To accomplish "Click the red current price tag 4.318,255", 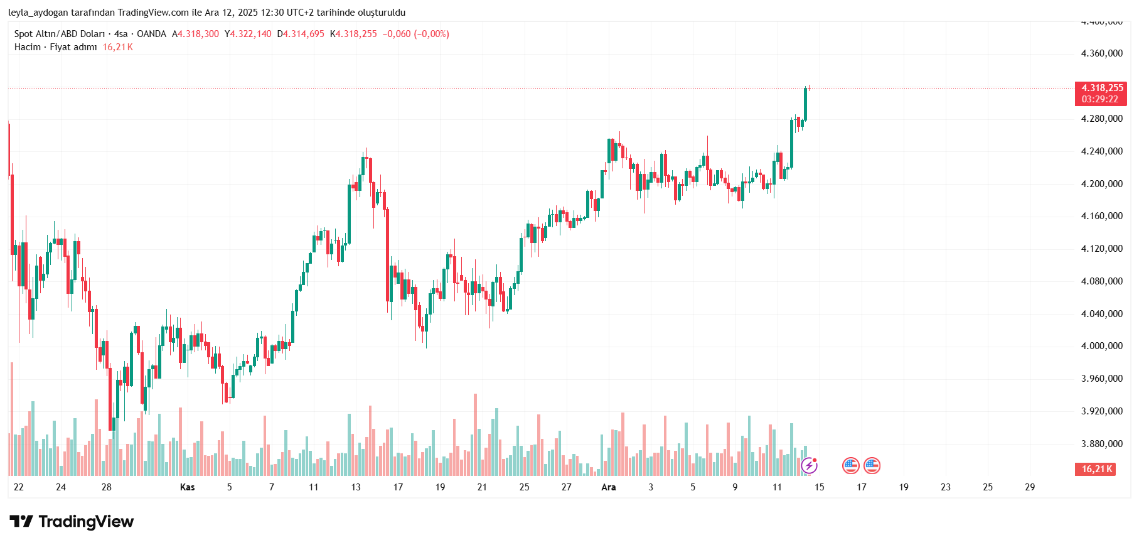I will (x=1101, y=89).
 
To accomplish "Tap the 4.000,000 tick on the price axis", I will (x=1101, y=346).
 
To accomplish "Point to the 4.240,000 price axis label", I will (x=1101, y=151).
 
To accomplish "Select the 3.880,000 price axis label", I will (x=1101, y=444).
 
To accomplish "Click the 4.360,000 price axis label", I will (x=1101, y=53).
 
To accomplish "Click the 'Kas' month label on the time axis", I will (x=187, y=487).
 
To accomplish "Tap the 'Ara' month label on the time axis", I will (x=608, y=487).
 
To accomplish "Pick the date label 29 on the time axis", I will (x=1029, y=487).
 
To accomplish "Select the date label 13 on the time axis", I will (x=356, y=487).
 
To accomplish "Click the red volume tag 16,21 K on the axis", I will (x=1096, y=469).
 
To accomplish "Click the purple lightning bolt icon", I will (x=810, y=465).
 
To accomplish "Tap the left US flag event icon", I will (x=850, y=465).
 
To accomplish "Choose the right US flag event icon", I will (x=872, y=465).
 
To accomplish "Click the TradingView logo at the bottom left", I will (x=72, y=521).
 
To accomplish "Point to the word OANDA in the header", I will (x=151, y=34).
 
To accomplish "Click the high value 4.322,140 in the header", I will (x=250, y=34).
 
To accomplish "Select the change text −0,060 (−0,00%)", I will (x=415, y=34).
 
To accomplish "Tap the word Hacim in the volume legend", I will (x=28, y=47).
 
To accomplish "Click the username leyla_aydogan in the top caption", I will (x=38, y=13).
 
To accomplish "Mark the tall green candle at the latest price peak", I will (x=805, y=104).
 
